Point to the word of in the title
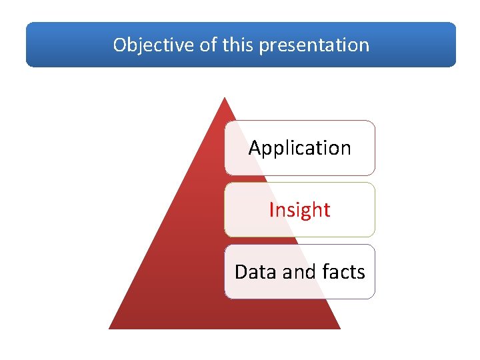click(207, 45)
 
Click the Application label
click(299, 148)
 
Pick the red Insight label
click(299, 210)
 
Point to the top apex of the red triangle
click(225, 97)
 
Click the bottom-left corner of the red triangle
click(110, 328)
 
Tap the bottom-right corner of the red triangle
click(339, 328)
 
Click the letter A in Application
click(255, 147)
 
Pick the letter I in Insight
click(271, 210)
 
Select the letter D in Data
click(241, 272)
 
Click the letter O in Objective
click(120, 45)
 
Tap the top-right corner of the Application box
click(373, 122)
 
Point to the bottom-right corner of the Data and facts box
click(373, 297)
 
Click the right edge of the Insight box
click(375, 210)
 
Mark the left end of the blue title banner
click(27, 45)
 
